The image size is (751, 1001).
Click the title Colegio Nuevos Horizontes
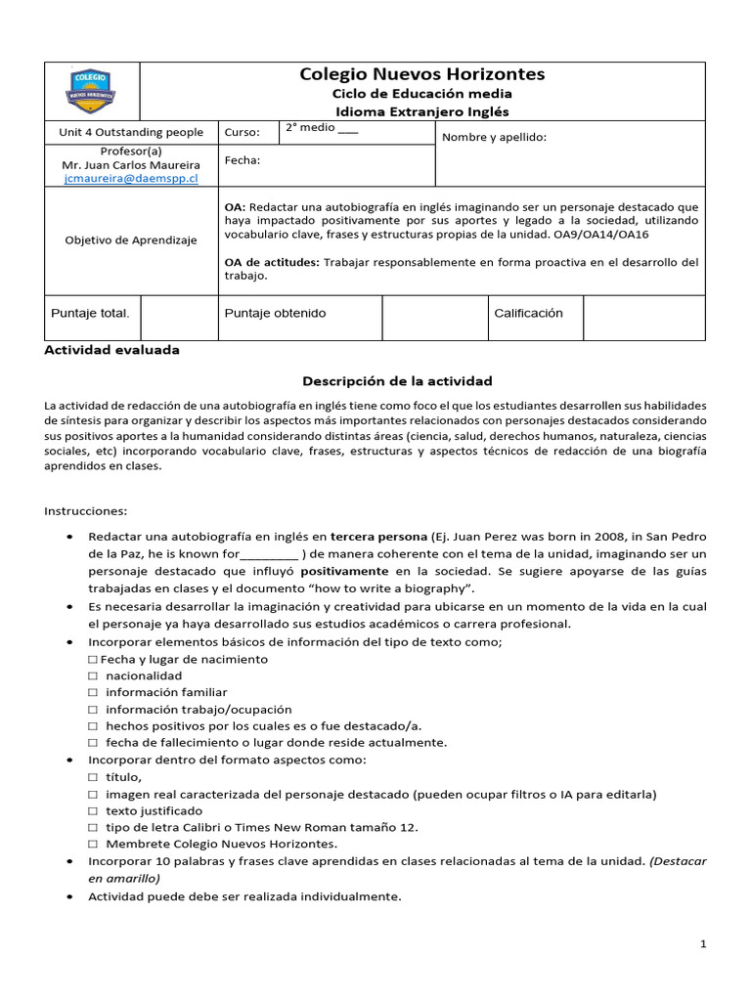coord(422,74)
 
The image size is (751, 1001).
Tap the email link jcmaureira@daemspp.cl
coord(130,179)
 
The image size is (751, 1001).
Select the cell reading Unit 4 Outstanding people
coord(130,132)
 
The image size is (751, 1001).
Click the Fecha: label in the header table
coord(243,160)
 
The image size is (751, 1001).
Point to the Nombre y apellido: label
coord(494,137)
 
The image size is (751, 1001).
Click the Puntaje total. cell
coord(90,313)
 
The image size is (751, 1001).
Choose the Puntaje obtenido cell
coord(275,313)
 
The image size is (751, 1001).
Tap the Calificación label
coord(528,313)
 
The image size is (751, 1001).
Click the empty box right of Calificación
coord(642,318)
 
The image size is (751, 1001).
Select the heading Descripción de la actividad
coord(397,380)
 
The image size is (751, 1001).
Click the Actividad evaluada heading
coord(112,350)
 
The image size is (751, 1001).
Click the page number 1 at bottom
coord(702,944)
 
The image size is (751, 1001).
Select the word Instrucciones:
coord(86,510)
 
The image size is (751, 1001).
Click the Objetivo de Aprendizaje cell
coord(130,239)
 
